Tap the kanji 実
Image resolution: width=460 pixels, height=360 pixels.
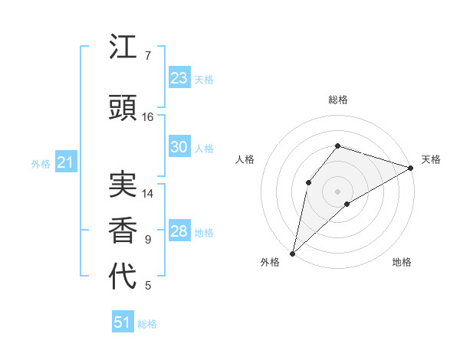[123, 184]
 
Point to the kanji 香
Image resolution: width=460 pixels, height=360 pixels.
[123, 230]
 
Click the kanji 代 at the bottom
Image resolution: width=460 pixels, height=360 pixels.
[123, 276]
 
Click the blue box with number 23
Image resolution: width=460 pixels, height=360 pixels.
[179, 78]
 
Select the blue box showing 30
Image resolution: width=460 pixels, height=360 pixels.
[179, 147]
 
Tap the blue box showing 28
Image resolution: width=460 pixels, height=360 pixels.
[179, 232]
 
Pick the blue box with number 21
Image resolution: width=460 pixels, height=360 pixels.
[65, 162]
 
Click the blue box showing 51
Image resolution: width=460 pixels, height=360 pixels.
[123, 322]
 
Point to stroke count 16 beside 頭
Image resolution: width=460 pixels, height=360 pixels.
[148, 117]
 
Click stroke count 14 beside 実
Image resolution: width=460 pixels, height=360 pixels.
[148, 194]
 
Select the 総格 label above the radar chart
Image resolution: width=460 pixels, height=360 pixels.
[338, 100]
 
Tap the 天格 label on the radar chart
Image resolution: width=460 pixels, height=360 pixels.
[431, 159]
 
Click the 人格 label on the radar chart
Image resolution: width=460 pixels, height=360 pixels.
[245, 159]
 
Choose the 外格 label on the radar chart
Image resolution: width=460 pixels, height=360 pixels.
[270, 262]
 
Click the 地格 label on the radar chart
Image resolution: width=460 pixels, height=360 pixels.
[402, 262]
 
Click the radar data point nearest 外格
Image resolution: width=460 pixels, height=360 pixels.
[292, 253]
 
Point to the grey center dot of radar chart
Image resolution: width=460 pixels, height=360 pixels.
[337, 191]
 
